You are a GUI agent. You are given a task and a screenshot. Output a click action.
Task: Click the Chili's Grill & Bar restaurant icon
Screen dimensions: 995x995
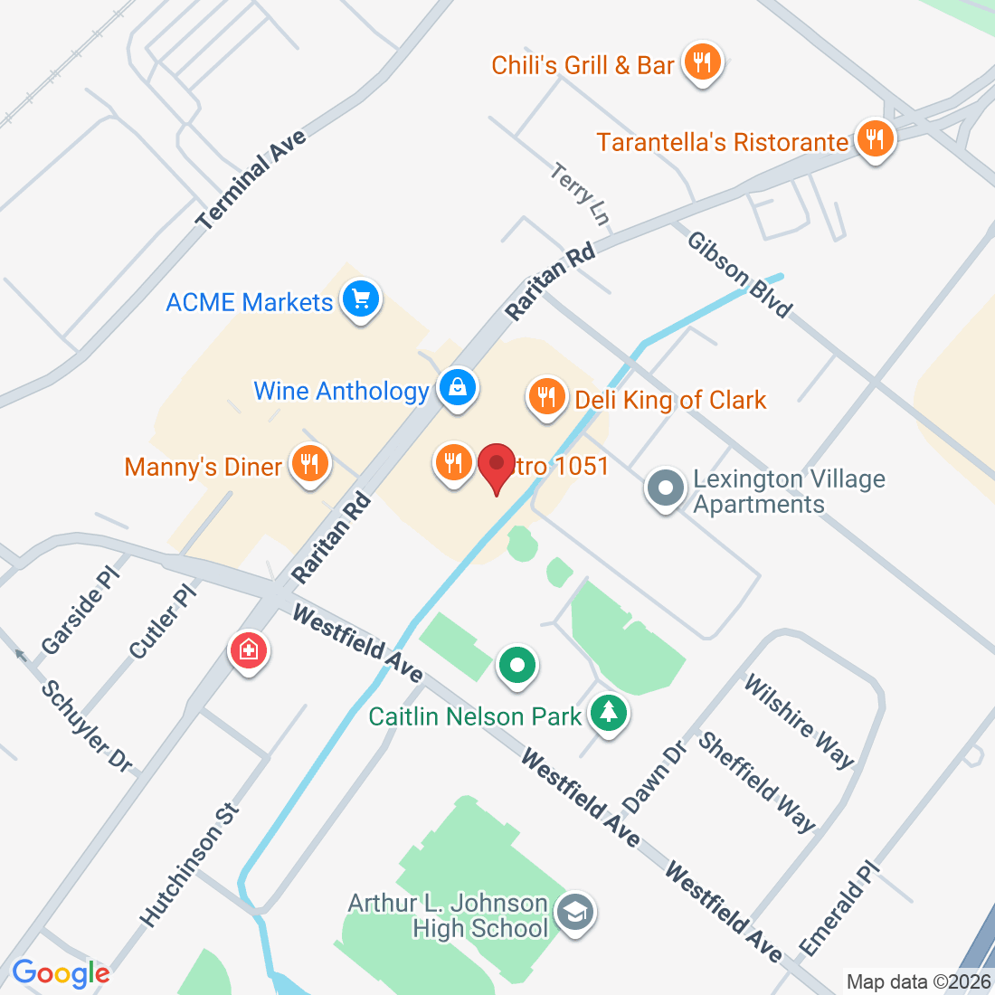click(701, 62)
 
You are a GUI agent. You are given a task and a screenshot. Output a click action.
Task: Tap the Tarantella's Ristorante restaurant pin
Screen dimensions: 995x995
click(874, 139)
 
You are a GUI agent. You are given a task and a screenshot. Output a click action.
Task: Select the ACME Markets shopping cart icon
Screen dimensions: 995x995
click(361, 298)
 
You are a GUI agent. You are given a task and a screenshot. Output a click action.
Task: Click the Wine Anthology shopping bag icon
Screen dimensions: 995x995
click(458, 388)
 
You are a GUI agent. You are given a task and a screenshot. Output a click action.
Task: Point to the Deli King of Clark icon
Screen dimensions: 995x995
click(546, 396)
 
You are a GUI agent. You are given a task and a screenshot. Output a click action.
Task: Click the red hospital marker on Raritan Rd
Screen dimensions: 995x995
click(249, 649)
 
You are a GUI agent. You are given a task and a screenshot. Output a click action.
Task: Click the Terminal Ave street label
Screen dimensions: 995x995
click(252, 179)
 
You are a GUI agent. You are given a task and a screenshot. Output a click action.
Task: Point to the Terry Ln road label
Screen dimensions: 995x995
click(580, 193)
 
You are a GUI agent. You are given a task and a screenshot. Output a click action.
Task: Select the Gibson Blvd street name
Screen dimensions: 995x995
click(740, 274)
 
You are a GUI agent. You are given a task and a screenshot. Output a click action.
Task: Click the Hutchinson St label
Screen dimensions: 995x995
click(191, 865)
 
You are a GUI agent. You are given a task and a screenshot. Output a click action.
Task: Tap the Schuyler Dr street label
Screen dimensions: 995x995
click(88, 726)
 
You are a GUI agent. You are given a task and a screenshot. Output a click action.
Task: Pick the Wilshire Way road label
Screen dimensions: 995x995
click(799, 721)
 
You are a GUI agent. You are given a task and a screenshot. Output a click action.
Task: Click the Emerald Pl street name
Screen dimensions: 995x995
click(839, 909)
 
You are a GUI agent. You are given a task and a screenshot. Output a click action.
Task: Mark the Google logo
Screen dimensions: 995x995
click(61, 973)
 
